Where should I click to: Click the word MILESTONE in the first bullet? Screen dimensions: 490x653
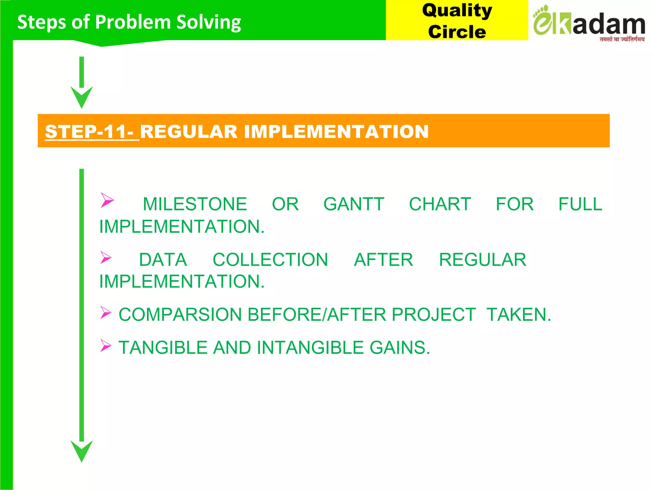pyautogui.click(x=195, y=204)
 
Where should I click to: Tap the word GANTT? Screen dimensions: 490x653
pyautogui.click(x=354, y=204)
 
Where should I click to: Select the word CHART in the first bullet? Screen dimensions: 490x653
pyautogui.click(x=440, y=204)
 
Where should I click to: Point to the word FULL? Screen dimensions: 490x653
pyautogui.click(x=580, y=204)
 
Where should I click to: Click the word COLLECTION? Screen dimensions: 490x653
pyautogui.click(x=270, y=260)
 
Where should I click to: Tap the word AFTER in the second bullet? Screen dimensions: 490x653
pyautogui.click(x=383, y=260)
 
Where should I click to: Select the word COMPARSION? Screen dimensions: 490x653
pyautogui.click(x=180, y=315)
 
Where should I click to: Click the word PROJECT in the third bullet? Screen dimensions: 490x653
pyautogui.click(x=434, y=315)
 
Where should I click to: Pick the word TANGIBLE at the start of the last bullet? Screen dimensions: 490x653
pyautogui.click(x=163, y=347)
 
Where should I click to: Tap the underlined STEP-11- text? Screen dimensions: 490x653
pyautogui.click(x=92, y=131)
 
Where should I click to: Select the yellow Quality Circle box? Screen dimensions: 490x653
pyautogui.click(x=457, y=20)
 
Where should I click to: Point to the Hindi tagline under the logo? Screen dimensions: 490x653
pyautogui.click(x=622, y=39)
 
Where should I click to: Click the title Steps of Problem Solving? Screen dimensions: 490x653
pyautogui.click(x=129, y=22)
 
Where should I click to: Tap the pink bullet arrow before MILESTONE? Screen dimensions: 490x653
pyautogui.click(x=107, y=200)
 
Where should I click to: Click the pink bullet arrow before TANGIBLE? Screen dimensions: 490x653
pyautogui.click(x=106, y=345)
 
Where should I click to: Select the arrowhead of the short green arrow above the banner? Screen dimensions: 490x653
pyautogui.click(x=82, y=97)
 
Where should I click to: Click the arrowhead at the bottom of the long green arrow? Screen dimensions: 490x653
pyautogui.click(x=82, y=450)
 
